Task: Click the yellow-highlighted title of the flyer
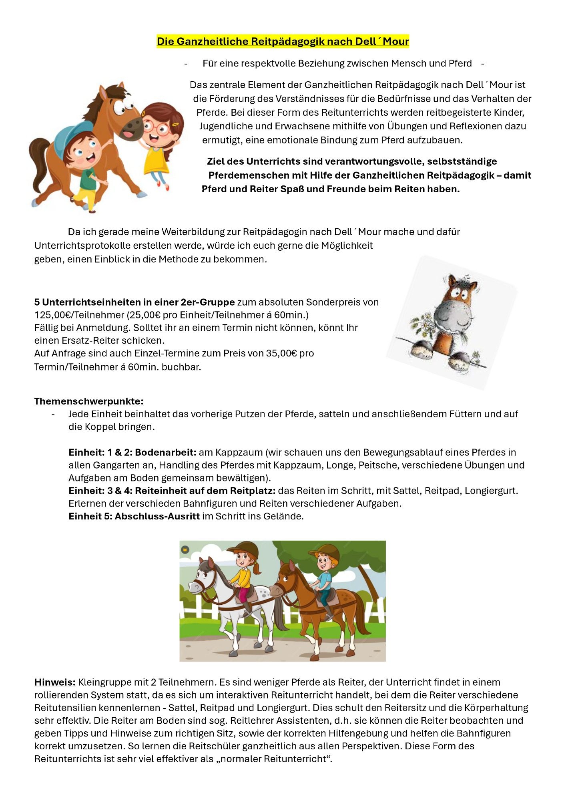(283, 41)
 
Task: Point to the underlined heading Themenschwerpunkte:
(89, 401)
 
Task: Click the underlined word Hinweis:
(55, 682)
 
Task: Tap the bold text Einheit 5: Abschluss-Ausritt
(134, 516)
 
